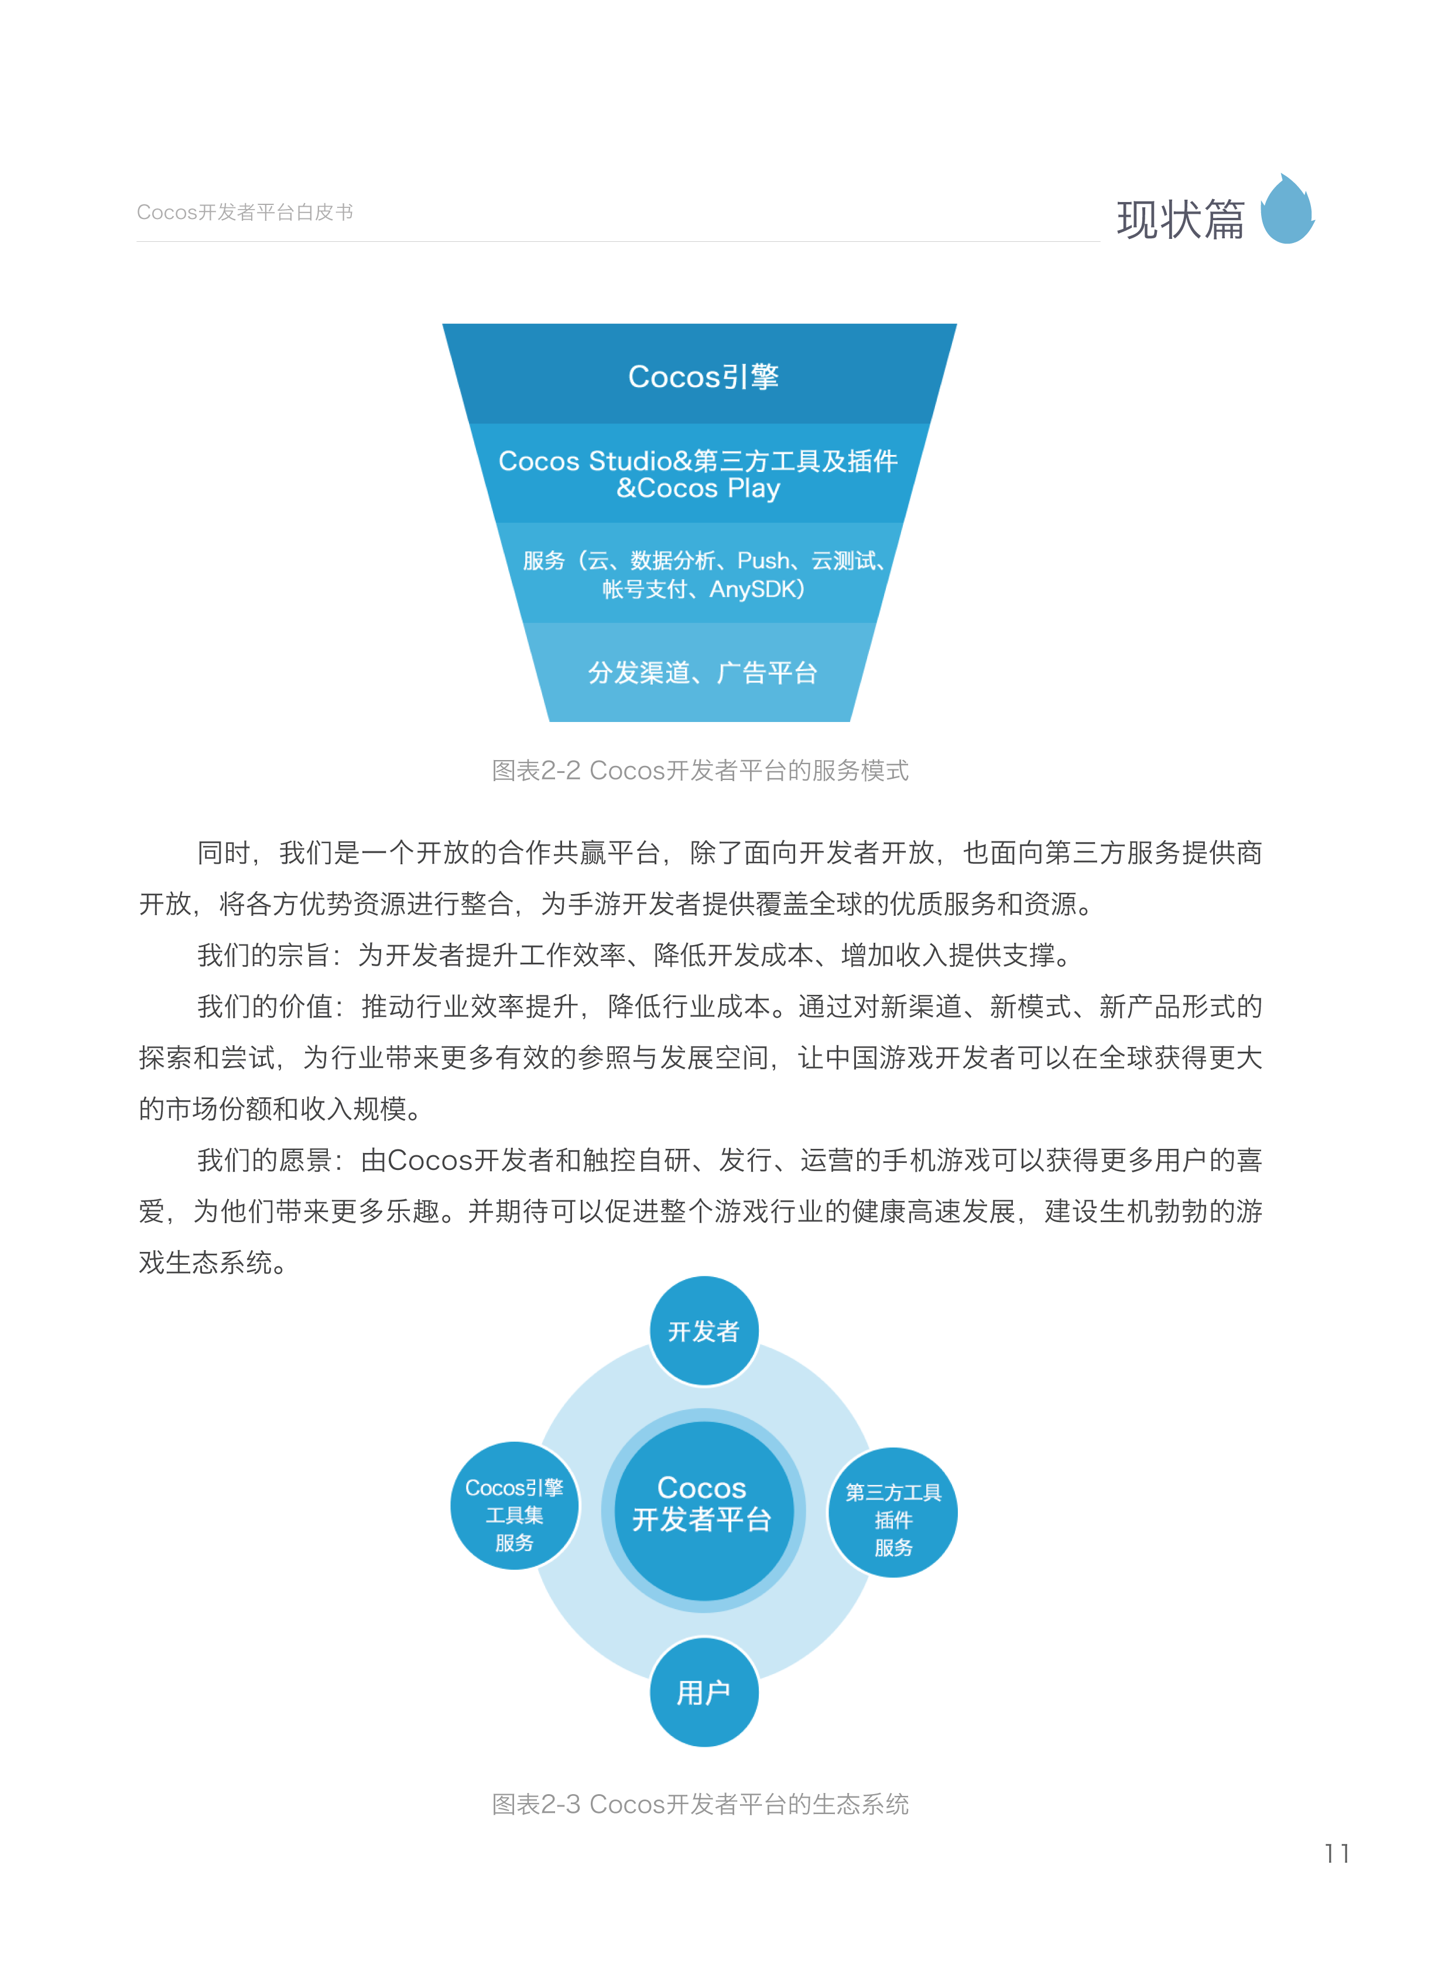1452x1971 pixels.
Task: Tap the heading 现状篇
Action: pos(1180,219)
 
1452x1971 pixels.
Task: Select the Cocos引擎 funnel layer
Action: pos(702,377)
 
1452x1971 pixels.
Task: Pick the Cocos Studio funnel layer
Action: pos(698,474)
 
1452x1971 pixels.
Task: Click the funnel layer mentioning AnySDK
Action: pos(702,574)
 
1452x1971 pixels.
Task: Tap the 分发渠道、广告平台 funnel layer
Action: pos(702,673)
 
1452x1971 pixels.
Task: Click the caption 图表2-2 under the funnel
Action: pos(700,770)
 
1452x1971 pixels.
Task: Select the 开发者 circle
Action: pos(703,1331)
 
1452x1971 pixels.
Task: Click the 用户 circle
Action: pos(703,1692)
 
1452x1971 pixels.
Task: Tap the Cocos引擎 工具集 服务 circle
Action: pos(514,1514)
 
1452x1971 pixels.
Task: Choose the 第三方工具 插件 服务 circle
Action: pos(892,1518)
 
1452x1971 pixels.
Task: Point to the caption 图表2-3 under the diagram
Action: pos(700,1804)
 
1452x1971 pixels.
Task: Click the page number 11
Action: pos(1336,1853)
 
